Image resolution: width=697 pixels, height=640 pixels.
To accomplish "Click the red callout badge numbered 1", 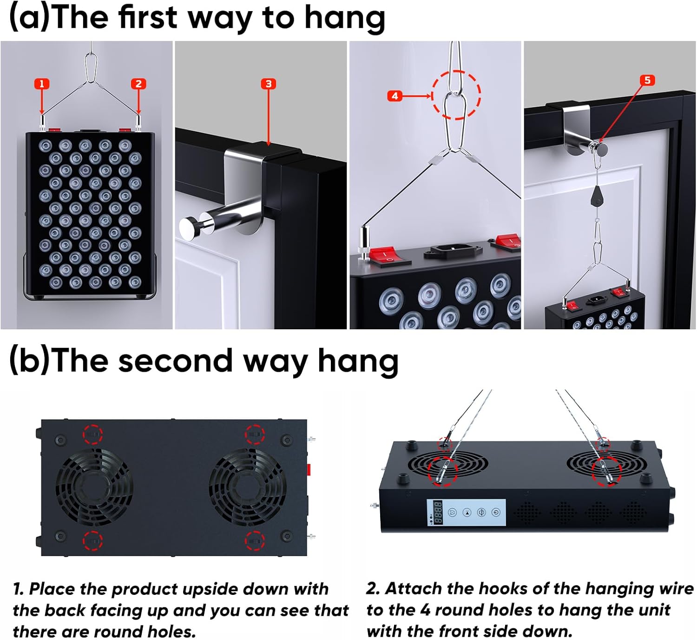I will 42,84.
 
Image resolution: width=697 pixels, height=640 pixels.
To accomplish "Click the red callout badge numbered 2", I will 138,84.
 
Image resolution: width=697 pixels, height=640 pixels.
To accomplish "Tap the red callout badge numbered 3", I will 268,84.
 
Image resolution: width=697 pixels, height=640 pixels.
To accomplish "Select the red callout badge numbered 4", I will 395,96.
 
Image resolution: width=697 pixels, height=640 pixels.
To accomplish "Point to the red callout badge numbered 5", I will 647,80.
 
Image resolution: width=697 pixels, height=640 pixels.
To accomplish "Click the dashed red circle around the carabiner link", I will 456,95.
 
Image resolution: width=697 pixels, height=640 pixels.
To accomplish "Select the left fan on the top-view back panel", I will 94,487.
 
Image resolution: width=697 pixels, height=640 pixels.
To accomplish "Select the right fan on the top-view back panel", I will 247,487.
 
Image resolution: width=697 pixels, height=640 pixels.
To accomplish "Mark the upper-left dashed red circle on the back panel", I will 93,433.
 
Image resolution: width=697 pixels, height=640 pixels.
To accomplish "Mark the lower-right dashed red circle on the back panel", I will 255,540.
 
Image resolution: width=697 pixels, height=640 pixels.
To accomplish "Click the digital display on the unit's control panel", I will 438,512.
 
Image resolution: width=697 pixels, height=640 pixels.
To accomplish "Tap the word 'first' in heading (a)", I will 147,18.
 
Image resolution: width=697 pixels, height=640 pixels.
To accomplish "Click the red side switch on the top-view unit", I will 309,469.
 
